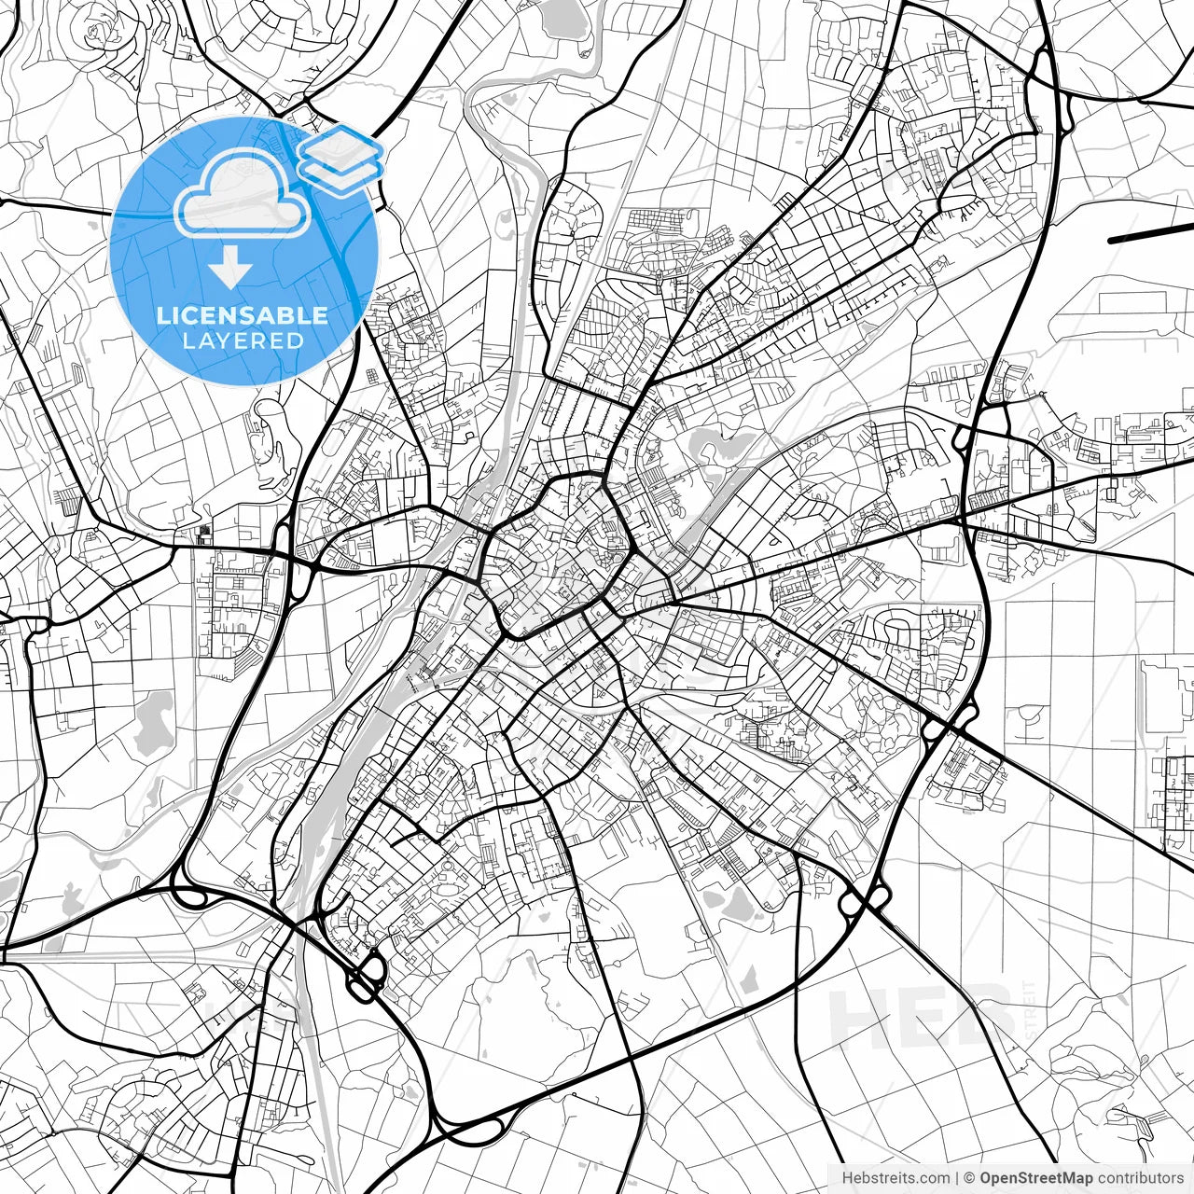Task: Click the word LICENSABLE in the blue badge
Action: point(243,315)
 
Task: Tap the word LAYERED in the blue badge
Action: point(243,340)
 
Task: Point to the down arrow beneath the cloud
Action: point(229,270)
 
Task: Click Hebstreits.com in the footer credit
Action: point(895,1178)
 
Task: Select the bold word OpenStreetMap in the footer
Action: point(1035,1178)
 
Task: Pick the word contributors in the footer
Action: point(1140,1178)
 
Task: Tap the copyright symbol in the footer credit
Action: point(970,1178)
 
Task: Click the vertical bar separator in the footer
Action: point(958,1178)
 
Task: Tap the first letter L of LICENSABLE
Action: point(162,315)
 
